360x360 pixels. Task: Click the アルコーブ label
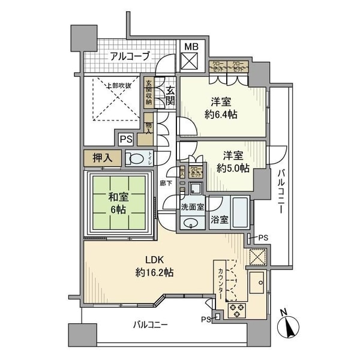pos(129,56)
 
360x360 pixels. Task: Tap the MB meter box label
pos(191,46)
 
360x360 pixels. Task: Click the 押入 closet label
pos(103,158)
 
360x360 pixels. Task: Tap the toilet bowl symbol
pos(136,159)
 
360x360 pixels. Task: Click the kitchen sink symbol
pos(259,283)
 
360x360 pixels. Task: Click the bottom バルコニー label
pos(151,325)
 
